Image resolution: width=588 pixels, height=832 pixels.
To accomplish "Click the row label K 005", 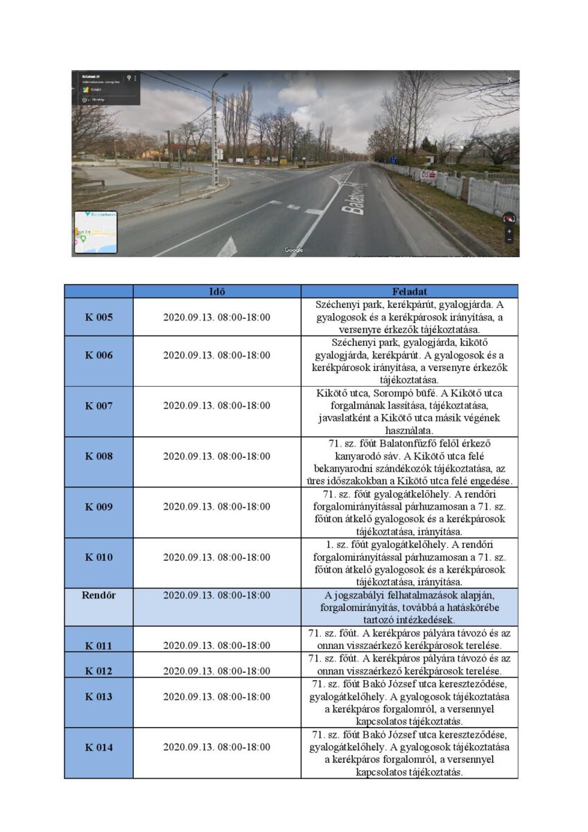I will point(98,318).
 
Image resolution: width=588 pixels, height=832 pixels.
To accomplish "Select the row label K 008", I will point(98,456).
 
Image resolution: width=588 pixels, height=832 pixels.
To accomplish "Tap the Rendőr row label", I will point(98,595).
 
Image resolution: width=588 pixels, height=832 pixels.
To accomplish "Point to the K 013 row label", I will point(98,696).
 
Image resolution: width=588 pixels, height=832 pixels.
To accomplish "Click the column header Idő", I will point(216,291).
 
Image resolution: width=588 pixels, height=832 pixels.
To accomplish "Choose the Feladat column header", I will point(409,291).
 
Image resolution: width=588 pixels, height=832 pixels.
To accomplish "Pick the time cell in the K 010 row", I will point(216,557).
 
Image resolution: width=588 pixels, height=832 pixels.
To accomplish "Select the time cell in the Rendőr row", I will point(216,595).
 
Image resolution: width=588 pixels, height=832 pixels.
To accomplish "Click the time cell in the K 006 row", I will point(216,355).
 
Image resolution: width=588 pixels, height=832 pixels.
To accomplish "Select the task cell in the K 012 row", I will point(409,664).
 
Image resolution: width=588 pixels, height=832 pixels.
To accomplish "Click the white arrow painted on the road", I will point(227,247).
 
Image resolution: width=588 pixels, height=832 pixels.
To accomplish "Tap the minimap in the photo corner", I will point(96,232).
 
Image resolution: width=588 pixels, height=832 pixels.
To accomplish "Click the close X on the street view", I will point(510,79).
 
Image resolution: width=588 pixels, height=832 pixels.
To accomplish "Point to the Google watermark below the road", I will point(293,250).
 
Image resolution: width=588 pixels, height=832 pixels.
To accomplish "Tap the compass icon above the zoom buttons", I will point(509,218).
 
